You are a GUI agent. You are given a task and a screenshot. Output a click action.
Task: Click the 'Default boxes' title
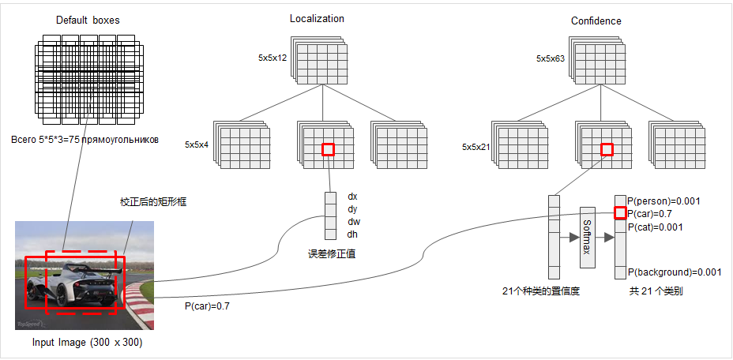click(87, 20)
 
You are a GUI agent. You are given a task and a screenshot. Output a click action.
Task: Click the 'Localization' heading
click(317, 19)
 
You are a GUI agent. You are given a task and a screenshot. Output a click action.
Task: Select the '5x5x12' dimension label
click(272, 58)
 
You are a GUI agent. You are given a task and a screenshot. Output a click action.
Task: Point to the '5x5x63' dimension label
click(550, 58)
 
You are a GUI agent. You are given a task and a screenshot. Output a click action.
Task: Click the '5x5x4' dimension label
click(196, 144)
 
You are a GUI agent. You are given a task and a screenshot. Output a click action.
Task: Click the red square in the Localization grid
click(328, 148)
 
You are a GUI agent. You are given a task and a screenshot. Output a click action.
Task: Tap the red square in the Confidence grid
click(607, 148)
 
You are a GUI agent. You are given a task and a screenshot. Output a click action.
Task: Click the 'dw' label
click(353, 222)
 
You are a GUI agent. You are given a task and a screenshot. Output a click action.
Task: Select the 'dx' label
click(352, 196)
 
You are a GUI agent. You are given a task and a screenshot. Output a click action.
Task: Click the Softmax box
click(587, 237)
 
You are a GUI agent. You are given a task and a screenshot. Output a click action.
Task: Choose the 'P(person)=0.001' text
click(664, 201)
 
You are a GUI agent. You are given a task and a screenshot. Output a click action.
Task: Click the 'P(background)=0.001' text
click(675, 272)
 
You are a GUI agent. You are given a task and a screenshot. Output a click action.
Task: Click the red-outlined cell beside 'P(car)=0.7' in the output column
click(620, 213)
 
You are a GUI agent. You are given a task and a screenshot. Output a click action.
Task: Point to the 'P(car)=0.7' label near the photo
click(207, 305)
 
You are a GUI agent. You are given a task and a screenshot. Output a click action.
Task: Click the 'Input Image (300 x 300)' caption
click(87, 343)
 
